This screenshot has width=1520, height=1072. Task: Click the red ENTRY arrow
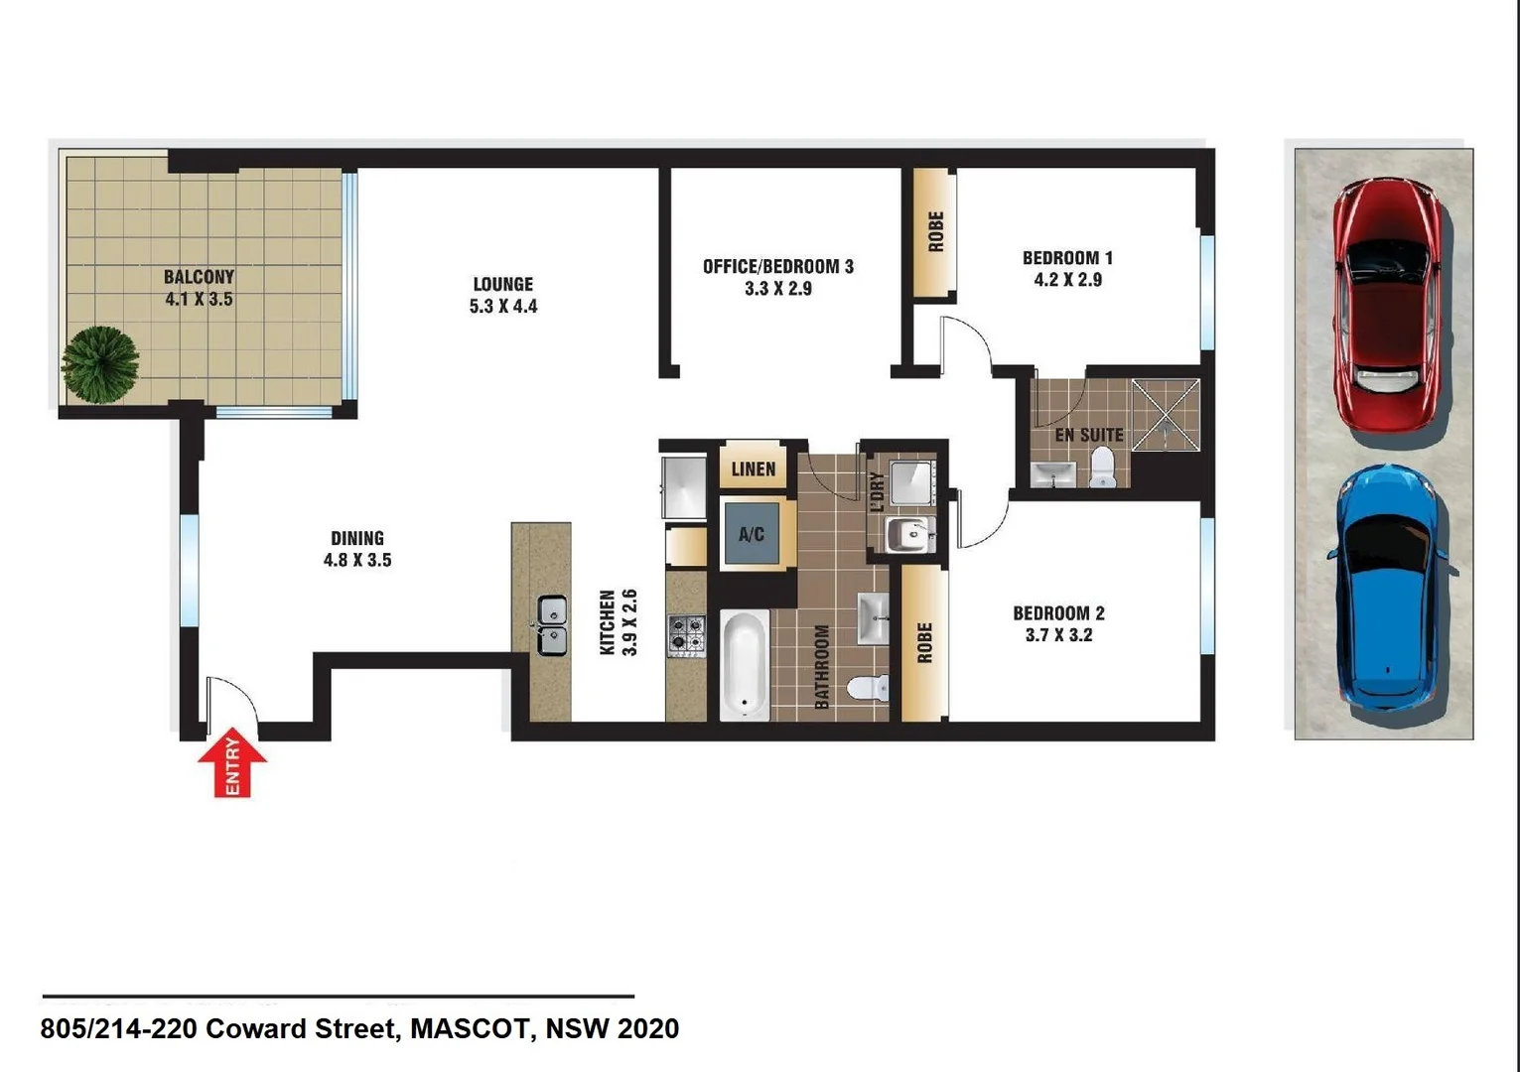click(232, 764)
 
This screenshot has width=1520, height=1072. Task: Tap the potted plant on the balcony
click(100, 364)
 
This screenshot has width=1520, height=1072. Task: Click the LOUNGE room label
click(503, 284)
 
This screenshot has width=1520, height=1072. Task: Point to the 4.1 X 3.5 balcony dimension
click(199, 299)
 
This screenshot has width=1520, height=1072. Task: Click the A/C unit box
click(752, 534)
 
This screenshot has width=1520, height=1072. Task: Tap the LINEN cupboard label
click(754, 469)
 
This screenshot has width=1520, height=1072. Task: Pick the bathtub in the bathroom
click(744, 663)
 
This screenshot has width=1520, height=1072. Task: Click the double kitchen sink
click(552, 625)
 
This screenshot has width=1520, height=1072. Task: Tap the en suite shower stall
click(1166, 414)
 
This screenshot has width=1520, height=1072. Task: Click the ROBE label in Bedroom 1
click(935, 231)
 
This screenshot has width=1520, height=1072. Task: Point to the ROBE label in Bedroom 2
click(924, 642)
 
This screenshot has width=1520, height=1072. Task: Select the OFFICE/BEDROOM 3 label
click(777, 266)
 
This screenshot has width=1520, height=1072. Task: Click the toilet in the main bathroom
click(871, 687)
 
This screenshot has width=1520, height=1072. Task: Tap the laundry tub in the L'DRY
click(907, 534)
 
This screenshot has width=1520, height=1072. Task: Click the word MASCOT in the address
click(470, 1029)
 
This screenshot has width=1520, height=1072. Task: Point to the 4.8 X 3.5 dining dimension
click(357, 560)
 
